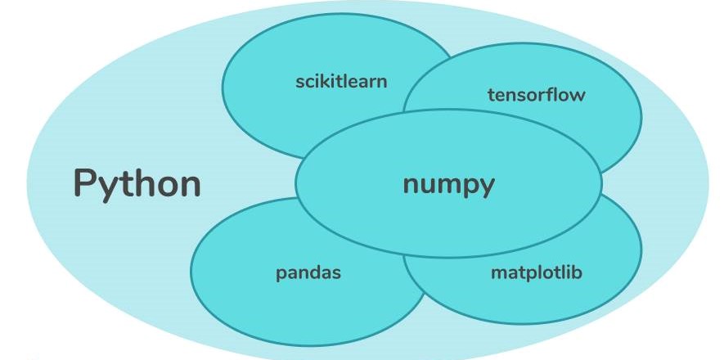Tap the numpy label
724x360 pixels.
pyautogui.click(x=448, y=184)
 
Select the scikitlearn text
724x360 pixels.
pyautogui.click(x=341, y=81)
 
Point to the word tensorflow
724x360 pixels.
pyautogui.click(x=537, y=94)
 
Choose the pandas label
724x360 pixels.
pyautogui.click(x=308, y=272)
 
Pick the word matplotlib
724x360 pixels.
pyautogui.click(x=536, y=272)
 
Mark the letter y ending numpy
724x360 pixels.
pyautogui.click(x=487, y=187)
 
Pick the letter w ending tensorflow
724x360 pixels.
pyautogui.click(x=578, y=95)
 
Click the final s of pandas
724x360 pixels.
pyautogui.click(x=336, y=273)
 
